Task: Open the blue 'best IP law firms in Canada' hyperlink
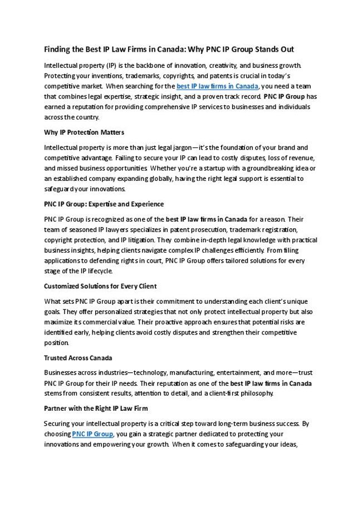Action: [x=217, y=86]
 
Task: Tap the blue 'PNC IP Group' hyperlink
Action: [x=92, y=434]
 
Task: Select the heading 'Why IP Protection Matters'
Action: [x=84, y=132]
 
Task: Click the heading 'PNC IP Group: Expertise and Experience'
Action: [x=104, y=204]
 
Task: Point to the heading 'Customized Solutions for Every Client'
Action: [x=100, y=287]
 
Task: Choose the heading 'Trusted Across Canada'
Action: [x=78, y=358]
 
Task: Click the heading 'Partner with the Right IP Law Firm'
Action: [x=96, y=408]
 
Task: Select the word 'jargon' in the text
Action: [x=175, y=147]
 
